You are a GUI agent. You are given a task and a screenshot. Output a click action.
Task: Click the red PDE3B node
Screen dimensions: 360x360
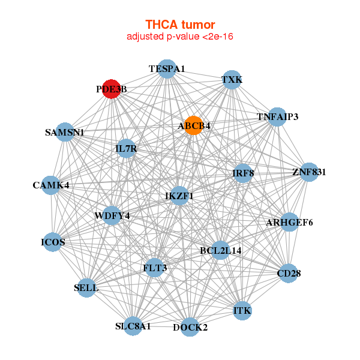(111, 89)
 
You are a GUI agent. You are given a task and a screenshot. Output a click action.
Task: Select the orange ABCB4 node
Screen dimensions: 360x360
(193, 125)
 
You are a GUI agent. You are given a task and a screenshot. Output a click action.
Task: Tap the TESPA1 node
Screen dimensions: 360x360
(167, 69)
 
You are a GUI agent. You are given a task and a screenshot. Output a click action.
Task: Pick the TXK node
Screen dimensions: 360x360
(232, 80)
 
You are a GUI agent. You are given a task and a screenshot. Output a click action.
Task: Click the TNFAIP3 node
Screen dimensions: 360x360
(277, 116)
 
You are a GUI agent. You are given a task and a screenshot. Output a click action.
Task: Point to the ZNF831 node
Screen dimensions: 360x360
(309, 172)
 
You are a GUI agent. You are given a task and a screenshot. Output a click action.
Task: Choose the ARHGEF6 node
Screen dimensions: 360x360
(289, 223)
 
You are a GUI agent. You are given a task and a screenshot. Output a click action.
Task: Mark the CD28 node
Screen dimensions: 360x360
(289, 274)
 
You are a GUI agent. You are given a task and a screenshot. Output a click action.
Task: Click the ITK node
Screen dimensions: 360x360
(242, 310)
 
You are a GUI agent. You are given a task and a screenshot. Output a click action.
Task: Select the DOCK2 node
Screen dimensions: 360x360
(190, 327)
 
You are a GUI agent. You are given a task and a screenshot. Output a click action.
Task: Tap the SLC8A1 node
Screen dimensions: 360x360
(133, 326)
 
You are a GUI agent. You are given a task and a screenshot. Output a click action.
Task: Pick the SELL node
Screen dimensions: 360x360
(86, 287)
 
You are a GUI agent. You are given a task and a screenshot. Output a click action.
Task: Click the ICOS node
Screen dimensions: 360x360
(53, 242)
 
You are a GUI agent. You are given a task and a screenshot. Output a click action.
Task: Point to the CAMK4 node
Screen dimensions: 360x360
(51, 185)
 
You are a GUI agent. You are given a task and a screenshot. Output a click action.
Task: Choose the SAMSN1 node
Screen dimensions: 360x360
(65, 132)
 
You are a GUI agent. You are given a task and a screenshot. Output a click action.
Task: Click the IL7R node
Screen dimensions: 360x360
(126, 148)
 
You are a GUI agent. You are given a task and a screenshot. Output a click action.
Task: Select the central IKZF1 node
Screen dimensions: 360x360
(179, 196)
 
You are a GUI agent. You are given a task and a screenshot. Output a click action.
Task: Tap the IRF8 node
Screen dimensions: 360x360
(243, 173)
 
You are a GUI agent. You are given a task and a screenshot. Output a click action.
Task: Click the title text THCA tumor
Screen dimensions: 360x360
(180, 25)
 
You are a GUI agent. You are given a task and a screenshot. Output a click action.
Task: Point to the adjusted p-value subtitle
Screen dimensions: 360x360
(180, 37)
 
